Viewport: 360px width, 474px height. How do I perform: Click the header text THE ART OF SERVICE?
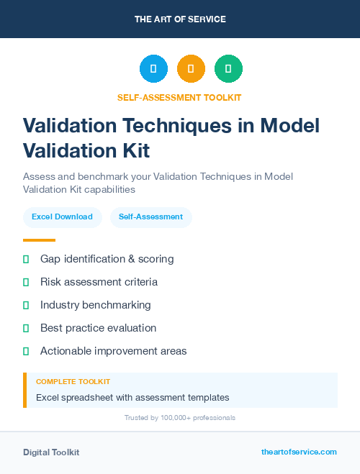180,19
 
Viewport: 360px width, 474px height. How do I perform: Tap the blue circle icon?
153,69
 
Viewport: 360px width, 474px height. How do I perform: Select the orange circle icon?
191,69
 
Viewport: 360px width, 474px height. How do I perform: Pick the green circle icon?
228,69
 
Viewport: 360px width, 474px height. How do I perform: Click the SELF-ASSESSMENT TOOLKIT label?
180,97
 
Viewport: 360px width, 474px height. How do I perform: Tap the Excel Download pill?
62,217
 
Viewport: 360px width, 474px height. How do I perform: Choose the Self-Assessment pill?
150,217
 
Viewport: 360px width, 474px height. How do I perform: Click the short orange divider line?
39,240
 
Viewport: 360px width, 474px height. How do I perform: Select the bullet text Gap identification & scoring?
107,259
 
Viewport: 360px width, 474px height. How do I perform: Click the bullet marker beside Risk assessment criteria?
26,282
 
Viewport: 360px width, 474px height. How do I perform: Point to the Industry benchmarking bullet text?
96,305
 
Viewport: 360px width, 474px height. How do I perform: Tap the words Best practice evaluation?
98,328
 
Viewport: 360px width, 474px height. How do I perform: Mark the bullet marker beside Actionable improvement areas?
26,351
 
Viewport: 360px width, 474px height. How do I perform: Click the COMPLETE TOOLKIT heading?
73,382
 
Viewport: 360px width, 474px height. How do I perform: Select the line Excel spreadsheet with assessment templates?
132,397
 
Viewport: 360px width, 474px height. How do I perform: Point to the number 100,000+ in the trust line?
174,418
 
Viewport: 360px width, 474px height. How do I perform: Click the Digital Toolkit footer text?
51,452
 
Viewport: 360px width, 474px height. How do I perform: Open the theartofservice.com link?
299,452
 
